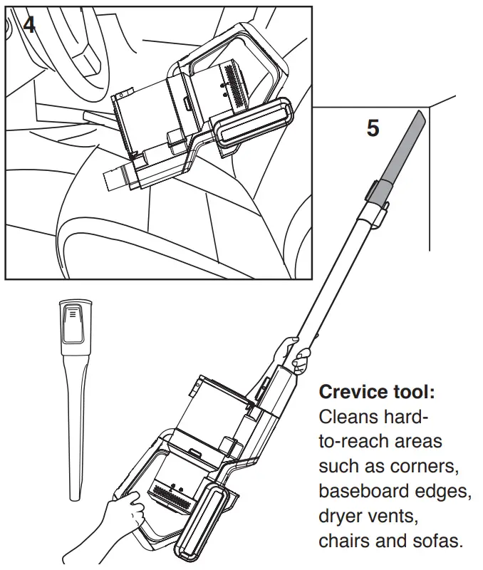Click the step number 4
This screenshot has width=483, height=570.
click(28, 24)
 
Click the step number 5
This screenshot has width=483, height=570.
click(373, 129)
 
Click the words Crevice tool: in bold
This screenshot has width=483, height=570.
click(376, 392)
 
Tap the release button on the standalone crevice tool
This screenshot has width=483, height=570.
click(72, 318)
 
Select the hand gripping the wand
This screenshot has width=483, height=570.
click(294, 354)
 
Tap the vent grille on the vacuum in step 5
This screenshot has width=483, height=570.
click(170, 493)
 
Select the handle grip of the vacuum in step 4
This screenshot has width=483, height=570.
click(253, 125)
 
